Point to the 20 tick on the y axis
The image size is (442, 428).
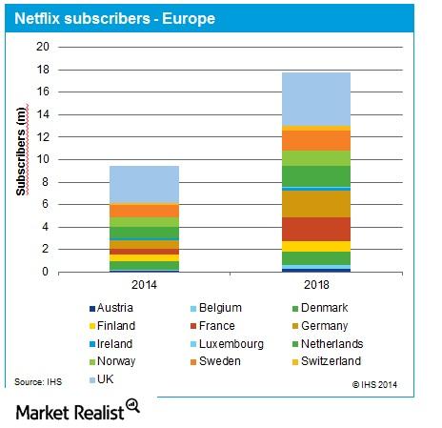tap(42, 47)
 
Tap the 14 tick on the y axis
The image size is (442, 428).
tap(42, 114)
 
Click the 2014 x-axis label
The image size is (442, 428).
tap(144, 284)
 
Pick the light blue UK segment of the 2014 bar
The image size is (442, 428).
tap(144, 184)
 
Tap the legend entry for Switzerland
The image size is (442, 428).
tap(356, 362)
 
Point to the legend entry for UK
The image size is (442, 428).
tap(105, 380)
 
